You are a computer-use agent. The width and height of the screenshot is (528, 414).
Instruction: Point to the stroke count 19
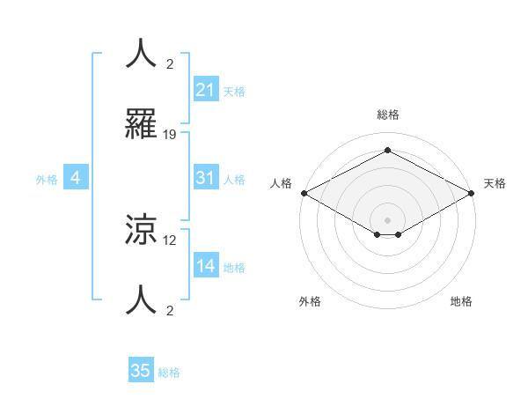tap(170, 135)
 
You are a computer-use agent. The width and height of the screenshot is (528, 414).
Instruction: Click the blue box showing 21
tap(205, 90)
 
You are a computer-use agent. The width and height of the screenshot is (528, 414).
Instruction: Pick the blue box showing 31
tap(205, 178)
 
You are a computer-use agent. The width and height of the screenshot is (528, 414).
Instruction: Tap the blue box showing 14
tap(205, 266)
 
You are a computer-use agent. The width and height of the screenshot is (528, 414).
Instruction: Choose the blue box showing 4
tap(76, 178)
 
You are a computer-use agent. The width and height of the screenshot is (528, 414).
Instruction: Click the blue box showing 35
tap(141, 371)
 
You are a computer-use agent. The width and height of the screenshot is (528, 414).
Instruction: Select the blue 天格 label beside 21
tap(234, 91)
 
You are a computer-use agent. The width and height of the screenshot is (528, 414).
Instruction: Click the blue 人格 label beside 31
tap(234, 179)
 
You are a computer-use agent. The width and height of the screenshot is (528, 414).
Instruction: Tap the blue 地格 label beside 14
tap(234, 267)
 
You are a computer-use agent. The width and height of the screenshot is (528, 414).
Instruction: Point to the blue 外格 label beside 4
tap(47, 179)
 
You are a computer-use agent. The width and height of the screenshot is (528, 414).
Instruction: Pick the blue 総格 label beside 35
tap(169, 372)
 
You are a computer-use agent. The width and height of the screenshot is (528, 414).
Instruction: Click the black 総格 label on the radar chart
tap(387, 115)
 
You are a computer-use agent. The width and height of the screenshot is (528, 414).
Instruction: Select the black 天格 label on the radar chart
tap(495, 183)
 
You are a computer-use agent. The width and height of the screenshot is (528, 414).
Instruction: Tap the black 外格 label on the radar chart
tap(310, 301)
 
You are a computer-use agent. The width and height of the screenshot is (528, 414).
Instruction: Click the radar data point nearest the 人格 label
tap(304, 193)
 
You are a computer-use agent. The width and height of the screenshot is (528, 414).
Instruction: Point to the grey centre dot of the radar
tap(388, 219)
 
